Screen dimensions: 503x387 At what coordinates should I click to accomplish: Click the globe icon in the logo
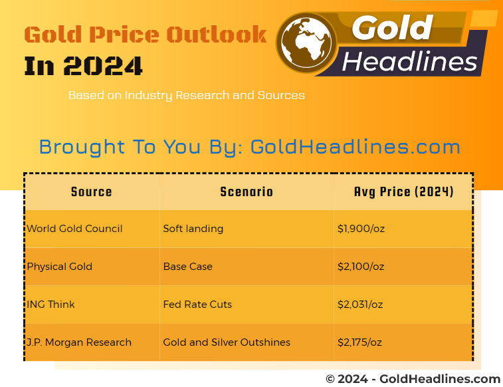306,43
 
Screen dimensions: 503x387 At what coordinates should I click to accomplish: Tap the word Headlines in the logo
410,61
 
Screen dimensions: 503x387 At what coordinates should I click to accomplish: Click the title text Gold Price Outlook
146,35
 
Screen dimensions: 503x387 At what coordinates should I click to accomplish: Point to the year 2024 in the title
102,66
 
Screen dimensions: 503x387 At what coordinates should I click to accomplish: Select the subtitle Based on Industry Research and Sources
186,95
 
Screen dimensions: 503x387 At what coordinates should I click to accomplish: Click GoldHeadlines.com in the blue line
355,147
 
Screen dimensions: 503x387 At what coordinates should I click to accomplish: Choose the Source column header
92,192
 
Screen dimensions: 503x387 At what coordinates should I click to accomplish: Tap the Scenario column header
247,192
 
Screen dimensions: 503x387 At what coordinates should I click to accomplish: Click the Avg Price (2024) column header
403,192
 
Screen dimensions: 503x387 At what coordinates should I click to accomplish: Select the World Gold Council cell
74,229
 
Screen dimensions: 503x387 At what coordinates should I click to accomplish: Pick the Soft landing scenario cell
193,229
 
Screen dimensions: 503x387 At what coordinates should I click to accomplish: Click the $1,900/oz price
361,229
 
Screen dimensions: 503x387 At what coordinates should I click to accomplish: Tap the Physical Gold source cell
60,267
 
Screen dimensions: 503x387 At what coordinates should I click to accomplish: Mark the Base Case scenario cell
187,267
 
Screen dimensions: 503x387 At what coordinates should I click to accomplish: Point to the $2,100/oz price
361,267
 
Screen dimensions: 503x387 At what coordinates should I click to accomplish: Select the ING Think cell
50,304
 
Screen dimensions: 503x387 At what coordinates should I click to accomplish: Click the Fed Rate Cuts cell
197,304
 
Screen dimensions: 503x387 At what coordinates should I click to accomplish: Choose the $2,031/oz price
360,304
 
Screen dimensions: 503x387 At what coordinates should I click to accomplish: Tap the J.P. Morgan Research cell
79,342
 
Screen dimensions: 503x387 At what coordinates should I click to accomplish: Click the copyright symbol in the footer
330,379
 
